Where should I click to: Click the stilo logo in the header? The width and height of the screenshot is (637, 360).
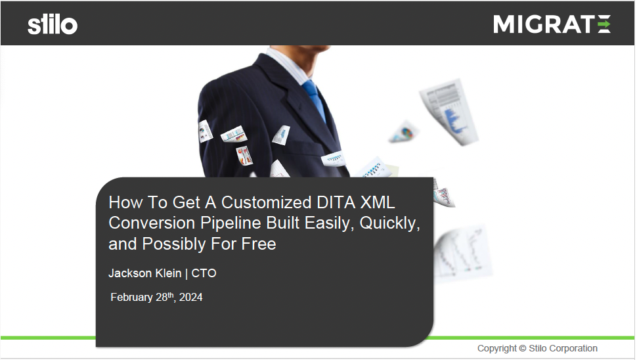click(x=53, y=25)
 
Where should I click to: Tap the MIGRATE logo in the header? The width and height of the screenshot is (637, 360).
click(x=552, y=24)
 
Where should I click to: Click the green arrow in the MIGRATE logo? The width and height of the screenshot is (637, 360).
click(x=604, y=24)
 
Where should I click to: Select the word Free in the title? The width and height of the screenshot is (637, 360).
click(x=259, y=244)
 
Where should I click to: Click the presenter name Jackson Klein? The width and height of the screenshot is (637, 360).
click(x=145, y=273)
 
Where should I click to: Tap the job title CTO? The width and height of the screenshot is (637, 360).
click(x=204, y=273)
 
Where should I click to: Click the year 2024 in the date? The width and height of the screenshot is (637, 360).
click(x=191, y=298)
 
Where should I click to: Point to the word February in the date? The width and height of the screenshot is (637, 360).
click(x=131, y=298)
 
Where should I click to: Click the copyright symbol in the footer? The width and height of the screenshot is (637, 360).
click(x=523, y=349)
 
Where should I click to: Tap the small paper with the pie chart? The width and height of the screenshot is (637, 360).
click(x=404, y=133)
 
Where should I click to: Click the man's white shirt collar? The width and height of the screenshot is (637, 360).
click(x=289, y=64)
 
